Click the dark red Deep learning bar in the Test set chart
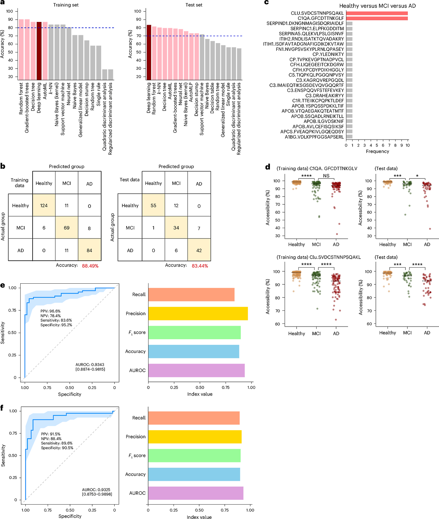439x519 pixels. pos(149,52)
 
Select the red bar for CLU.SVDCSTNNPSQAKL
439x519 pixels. pos(377,13)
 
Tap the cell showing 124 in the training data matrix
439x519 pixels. pos(44,205)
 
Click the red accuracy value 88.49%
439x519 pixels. pos(90,266)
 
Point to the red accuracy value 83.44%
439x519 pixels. pos(200,266)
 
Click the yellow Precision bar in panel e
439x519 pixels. pos(198,314)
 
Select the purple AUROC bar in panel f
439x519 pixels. pos(196,493)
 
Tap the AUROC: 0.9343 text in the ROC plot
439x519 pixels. pos(90,365)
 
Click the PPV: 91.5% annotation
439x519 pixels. pos(51,434)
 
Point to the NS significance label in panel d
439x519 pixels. pos(326,176)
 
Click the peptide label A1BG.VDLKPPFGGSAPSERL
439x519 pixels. pos(314,137)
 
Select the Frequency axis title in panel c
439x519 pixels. pos(377,151)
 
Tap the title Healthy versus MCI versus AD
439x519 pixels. pos(378,6)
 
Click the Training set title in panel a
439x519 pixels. pos(66,5)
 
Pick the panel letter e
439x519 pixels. pos(2,285)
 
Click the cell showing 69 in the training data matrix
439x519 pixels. pos(67,227)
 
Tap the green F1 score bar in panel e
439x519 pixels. pos(194,332)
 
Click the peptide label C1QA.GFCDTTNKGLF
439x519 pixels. pos(321,18)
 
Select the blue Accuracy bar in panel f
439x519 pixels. pos(194,474)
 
